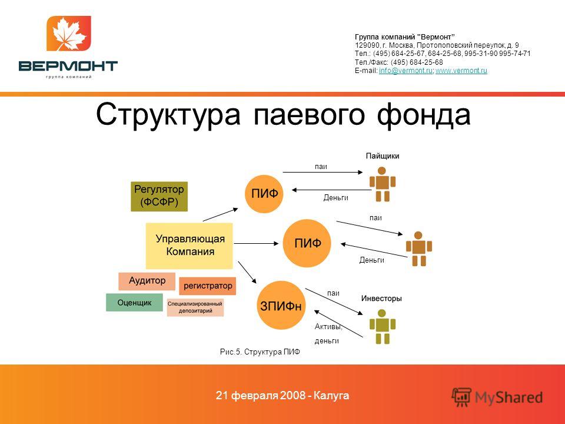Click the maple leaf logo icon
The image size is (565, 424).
click(68, 33)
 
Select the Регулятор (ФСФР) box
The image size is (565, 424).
click(159, 197)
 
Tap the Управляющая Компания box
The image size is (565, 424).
click(189, 246)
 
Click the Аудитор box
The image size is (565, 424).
click(147, 281)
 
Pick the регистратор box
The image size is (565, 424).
click(208, 286)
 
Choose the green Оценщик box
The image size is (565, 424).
click(134, 303)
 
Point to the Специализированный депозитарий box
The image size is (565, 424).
click(195, 307)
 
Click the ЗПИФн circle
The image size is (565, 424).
click(281, 306)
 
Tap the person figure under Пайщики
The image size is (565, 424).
click(383, 184)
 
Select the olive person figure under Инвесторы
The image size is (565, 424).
click(383, 327)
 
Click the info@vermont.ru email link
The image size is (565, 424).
click(406, 71)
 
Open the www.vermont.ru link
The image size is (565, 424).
click(461, 71)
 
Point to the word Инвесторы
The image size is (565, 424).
click(381, 299)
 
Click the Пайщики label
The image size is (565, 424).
click(383, 156)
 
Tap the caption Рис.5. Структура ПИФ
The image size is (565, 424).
click(260, 352)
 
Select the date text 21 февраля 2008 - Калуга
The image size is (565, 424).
click(282, 396)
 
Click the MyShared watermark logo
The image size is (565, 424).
click(497, 397)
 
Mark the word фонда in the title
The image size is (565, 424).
click(424, 115)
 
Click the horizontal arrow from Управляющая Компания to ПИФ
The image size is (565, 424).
click(256, 244)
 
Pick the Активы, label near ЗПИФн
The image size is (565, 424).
click(328, 327)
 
